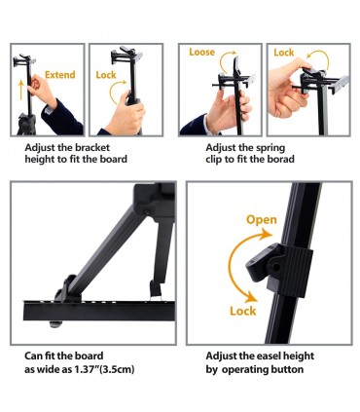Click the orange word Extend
pyautogui.click(x=60, y=75)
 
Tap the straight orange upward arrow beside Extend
pyautogui.click(x=21, y=90)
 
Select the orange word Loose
pyautogui.click(x=201, y=53)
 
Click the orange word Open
pyautogui.click(x=262, y=220)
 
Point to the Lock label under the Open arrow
pyautogui.click(x=243, y=311)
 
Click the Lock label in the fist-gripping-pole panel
pyautogui.click(x=106, y=75)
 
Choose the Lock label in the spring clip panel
pyautogui.click(x=284, y=53)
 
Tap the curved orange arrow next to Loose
pyautogui.click(x=227, y=60)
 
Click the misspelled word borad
pyautogui.click(x=280, y=159)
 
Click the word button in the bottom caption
pyautogui.click(x=286, y=369)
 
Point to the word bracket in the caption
pyautogui.click(x=92, y=148)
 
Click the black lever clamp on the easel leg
pyautogui.click(x=279, y=270)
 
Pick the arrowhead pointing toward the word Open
pyautogui.click(x=266, y=234)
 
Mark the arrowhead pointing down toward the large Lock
pyautogui.click(x=250, y=296)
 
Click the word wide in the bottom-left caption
pyautogui.click(x=49, y=369)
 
